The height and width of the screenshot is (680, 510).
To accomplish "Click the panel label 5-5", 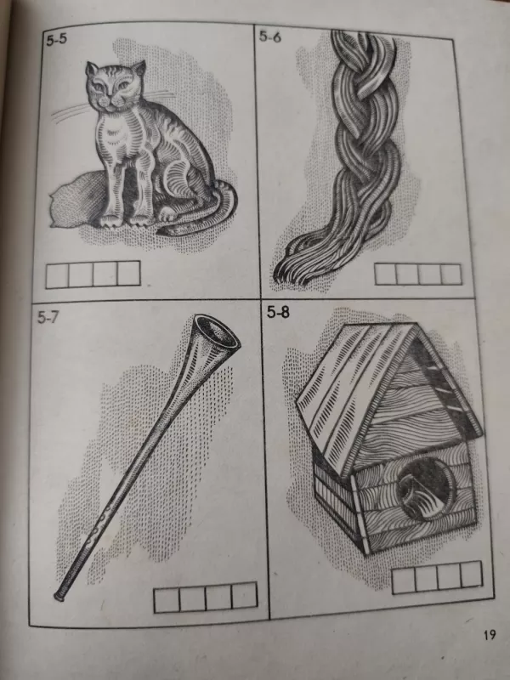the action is (x=57, y=40).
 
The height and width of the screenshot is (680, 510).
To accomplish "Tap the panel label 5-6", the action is (x=270, y=37).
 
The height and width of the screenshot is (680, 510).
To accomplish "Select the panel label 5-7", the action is (x=48, y=317).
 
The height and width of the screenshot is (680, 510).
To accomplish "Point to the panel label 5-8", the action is (x=278, y=312).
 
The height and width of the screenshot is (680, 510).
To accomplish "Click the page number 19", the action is (x=490, y=635).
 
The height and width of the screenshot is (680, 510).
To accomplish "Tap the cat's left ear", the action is (x=92, y=69).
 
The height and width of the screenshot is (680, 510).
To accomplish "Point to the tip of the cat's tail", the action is (x=160, y=232).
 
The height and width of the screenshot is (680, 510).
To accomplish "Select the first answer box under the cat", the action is (x=57, y=275).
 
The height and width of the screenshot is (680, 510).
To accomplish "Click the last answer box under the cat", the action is (x=129, y=273).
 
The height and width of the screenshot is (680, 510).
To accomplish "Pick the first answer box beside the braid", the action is (x=386, y=274).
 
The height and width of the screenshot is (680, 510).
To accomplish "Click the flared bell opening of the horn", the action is (x=217, y=331).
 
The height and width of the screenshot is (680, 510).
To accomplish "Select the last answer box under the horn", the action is (x=244, y=596).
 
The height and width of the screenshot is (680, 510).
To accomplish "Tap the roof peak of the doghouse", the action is (x=417, y=324).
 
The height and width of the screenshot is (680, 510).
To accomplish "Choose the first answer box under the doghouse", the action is (x=403, y=581).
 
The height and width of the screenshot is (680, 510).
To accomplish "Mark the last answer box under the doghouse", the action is (x=471, y=575).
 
